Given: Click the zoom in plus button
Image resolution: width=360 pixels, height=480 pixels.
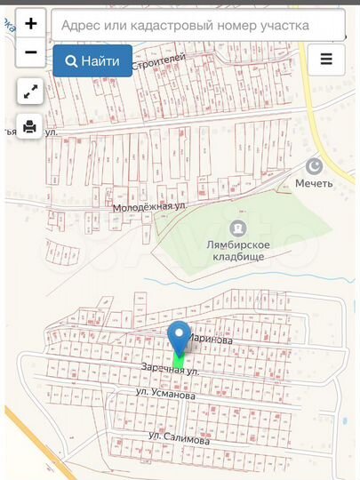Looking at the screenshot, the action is pyautogui.click(x=31, y=25).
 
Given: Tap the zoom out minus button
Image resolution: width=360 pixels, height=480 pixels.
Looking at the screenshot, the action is pyautogui.click(x=31, y=52).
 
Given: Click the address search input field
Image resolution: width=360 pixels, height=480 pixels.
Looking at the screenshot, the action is pyautogui.click(x=197, y=26).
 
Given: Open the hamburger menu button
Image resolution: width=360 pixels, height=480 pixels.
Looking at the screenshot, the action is pyautogui.click(x=326, y=60).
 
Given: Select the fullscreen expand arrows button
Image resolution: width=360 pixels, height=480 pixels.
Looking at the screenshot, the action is pyautogui.click(x=30, y=91).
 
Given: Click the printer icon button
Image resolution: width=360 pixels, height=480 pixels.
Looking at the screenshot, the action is pyautogui.click(x=30, y=126).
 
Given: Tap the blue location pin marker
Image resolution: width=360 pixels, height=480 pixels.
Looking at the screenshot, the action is pyautogui.click(x=180, y=338).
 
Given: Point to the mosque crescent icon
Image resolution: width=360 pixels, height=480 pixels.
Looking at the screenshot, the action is pyautogui.click(x=313, y=165).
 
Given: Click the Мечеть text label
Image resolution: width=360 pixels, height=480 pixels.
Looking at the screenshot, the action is pyautogui.click(x=314, y=184).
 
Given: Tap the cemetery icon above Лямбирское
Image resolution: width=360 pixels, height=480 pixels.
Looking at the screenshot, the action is pyautogui.click(x=236, y=228).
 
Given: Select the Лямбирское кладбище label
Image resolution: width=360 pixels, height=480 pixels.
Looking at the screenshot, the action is pyautogui.click(x=236, y=250).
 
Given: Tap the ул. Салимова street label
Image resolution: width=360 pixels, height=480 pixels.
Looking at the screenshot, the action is pyautogui.click(x=179, y=439).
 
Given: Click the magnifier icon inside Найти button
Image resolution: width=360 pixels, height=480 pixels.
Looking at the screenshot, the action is pyautogui.click(x=69, y=60).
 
